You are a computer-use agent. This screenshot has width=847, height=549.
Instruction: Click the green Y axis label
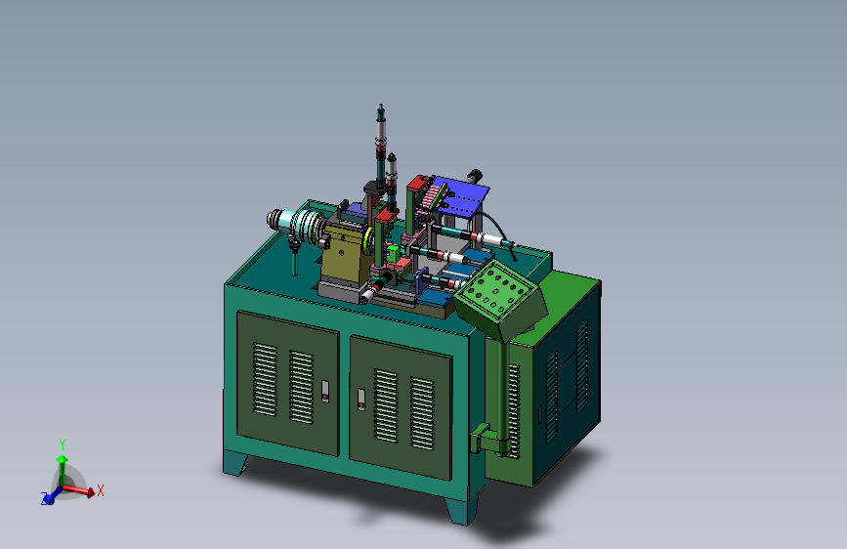click(63, 444)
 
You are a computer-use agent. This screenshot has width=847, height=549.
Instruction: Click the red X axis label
click(100, 490)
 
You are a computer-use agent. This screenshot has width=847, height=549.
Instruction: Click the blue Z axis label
click(44, 499)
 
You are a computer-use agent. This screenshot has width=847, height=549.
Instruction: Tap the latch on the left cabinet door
click(325, 391)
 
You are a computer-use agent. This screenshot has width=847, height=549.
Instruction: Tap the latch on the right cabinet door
click(361, 400)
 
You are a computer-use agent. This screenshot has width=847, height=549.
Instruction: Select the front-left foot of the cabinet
click(235, 463)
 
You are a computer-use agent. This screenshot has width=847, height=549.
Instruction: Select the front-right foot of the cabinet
click(462, 510)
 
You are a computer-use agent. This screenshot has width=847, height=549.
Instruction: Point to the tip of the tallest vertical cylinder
click(381, 105)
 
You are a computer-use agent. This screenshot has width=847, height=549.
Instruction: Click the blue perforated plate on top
click(459, 195)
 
